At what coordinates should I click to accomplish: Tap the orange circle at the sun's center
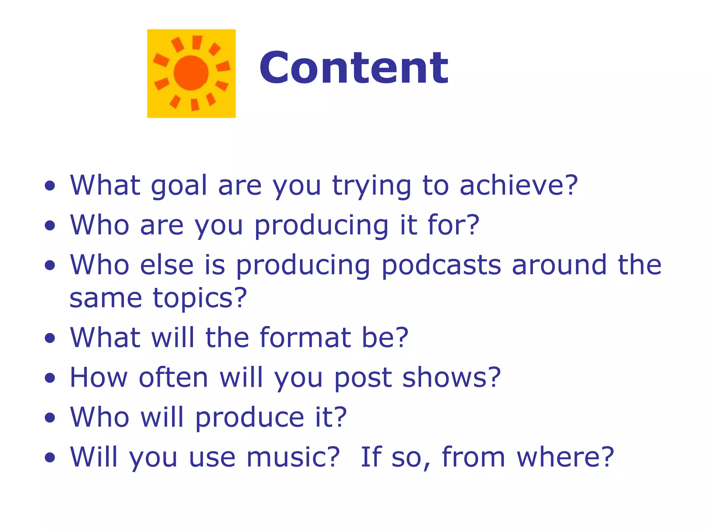pyautogui.click(x=191, y=73)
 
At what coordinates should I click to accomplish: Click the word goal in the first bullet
pyautogui.click(x=178, y=186)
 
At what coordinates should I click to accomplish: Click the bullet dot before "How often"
pyautogui.click(x=50, y=378)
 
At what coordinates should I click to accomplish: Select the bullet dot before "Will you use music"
pyautogui.click(x=50, y=458)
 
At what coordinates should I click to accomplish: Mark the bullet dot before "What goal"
pyautogui.click(x=50, y=186)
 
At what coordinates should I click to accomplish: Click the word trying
pyautogui.click(x=371, y=187)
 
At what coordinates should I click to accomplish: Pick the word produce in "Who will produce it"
pyautogui.click(x=250, y=418)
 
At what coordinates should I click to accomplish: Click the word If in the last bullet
pyautogui.click(x=371, y=457)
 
